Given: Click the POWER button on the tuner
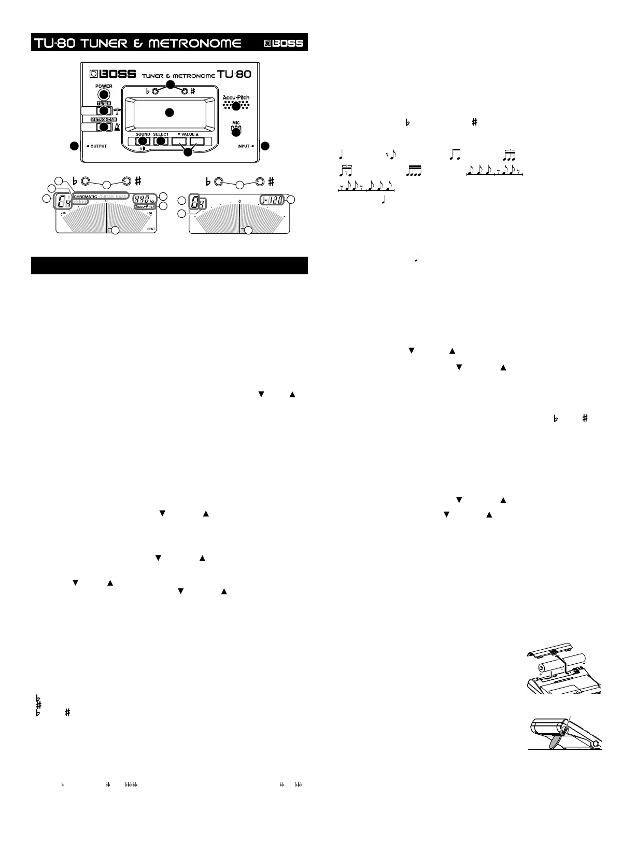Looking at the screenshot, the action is [104, 94].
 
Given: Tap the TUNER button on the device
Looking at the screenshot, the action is [104, 110].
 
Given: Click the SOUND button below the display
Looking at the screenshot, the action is [142, 141].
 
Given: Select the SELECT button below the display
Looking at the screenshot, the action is [161, 141].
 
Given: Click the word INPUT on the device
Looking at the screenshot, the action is [244, 146].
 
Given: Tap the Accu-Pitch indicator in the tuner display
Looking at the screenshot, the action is [145, 206].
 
